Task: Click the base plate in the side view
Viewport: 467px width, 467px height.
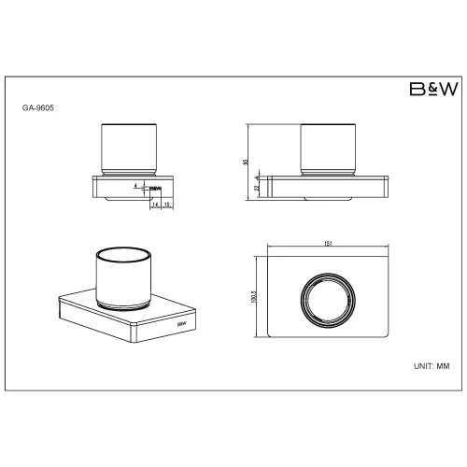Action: pos(328,184)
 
